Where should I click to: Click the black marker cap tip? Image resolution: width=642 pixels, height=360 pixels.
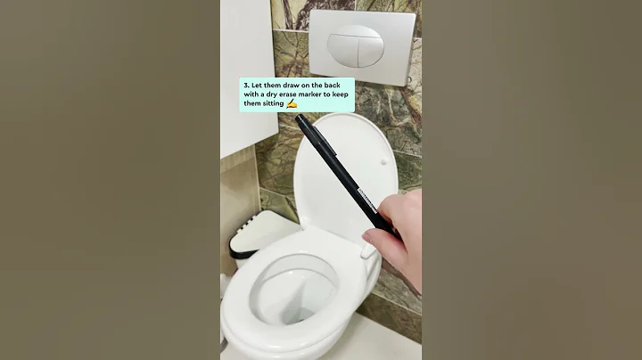click(x=300, y=120)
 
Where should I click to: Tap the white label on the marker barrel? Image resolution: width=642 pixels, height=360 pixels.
click(x=366, y=197)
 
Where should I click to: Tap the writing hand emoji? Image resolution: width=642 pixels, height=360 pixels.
click(x=291, y=104)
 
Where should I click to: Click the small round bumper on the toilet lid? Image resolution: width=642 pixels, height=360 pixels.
click(x=382, y=163)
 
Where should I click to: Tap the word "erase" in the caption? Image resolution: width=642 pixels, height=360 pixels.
click(x=277, y=94)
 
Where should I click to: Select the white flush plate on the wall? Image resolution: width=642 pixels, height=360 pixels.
click(x=361, y=46)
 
